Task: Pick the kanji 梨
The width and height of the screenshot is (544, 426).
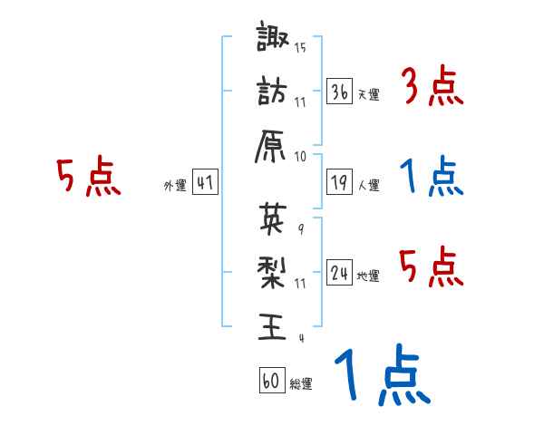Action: [x=271, y=271]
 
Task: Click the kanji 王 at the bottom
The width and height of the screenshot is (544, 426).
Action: [x=271, y=324]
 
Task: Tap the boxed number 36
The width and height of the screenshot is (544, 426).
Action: [x=340, y=92]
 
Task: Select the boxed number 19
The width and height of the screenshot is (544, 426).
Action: [x=340, y=183]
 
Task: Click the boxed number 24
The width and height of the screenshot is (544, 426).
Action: [x=340, y=273]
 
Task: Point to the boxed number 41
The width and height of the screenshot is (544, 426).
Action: [x=204, y=182]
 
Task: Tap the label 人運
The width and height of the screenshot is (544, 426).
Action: [x=368, y=186]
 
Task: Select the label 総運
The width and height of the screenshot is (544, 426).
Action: [x=300, y=384]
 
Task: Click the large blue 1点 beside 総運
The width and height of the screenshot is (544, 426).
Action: [x=381, y=376]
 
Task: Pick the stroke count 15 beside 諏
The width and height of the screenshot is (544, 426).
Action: [x=300, y=47]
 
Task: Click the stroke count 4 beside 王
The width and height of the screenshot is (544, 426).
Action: [x=300, y=337]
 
